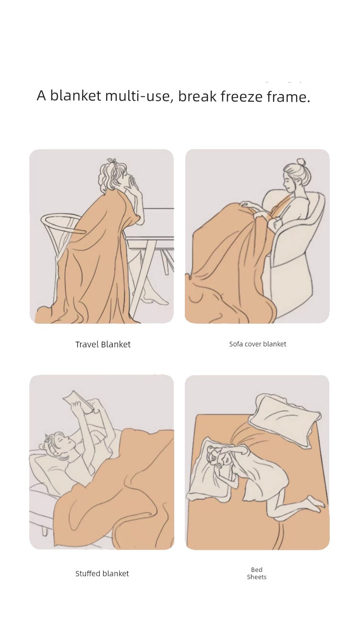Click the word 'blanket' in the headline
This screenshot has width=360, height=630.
pos(75,95)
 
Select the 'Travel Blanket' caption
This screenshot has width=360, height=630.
pos(103,344)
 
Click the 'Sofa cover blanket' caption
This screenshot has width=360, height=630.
pos(258,344)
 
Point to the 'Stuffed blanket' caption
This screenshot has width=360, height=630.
pos(102,573)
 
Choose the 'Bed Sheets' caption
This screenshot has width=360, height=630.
pos(256,573)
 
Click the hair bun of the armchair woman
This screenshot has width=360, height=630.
pos(300,162)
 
